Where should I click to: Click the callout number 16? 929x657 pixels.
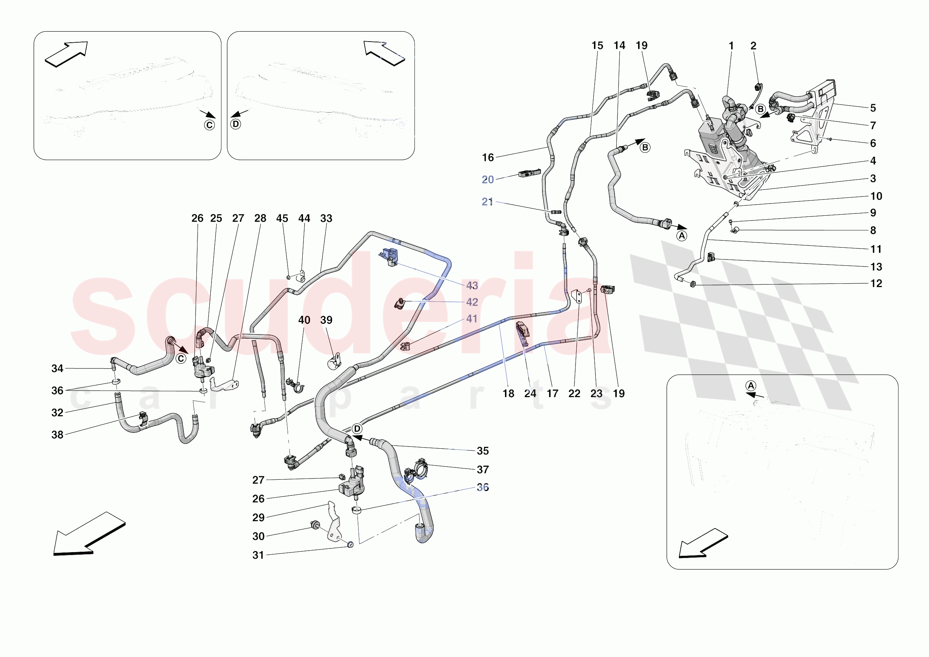488,158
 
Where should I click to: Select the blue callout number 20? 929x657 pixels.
488,180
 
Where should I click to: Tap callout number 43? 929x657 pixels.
472,286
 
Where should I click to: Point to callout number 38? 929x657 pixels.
57,435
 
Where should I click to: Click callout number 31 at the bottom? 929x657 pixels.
258,555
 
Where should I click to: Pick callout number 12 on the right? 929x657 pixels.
876,283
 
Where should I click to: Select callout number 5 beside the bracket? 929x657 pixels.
873,108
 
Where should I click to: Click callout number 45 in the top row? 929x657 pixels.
282,218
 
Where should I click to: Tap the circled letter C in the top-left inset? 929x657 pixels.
209,125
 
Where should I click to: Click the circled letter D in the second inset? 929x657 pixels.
235,124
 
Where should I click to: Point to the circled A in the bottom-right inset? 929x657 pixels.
751,386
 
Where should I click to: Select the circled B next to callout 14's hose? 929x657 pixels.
645,148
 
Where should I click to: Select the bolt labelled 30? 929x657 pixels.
314,525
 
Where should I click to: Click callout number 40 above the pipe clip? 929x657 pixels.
304,320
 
